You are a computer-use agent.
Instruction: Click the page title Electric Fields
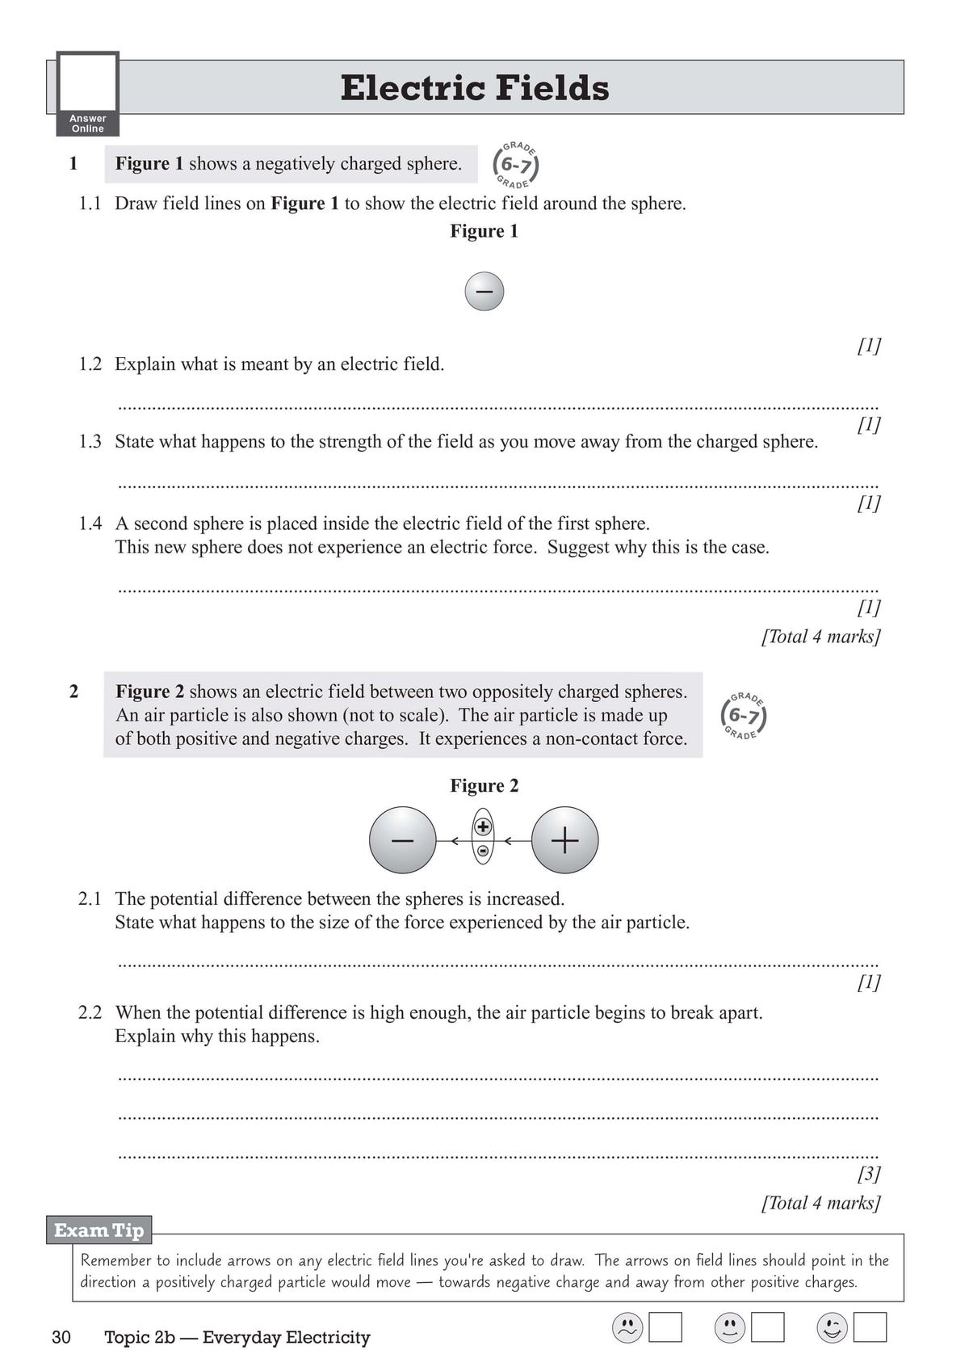tap(475, 88)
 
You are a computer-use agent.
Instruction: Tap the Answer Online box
tap(88, 94)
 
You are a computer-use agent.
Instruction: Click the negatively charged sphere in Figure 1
tap(484, 292)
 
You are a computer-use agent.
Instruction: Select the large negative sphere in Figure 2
tap(402, 840)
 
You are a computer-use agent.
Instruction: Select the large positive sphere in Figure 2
tap(565, 840)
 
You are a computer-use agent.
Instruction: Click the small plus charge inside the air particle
tap(483, 826)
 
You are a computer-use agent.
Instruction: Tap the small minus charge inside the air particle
tap(483, 851)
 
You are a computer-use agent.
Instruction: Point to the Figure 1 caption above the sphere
tap(484, 231)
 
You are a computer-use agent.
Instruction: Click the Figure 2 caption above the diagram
tap(484, 785)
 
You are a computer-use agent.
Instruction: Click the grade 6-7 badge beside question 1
tap(515, 166)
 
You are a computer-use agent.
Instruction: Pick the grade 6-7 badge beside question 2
tap(743, 716)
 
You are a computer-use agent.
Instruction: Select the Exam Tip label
tap(99, 1230)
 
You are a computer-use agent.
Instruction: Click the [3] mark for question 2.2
tap(868, 1173)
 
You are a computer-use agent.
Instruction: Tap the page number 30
tap(61, 1337)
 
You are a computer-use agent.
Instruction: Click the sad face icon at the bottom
tap(627, 1327)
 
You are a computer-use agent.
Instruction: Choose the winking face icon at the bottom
tap(832, 1327)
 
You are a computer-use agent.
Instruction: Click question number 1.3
tap(90, 442)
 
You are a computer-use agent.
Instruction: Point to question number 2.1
tap(90, 899)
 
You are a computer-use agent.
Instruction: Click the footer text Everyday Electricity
tap(286, 1337)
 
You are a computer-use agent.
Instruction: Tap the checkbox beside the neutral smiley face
tap(767, 1327)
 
